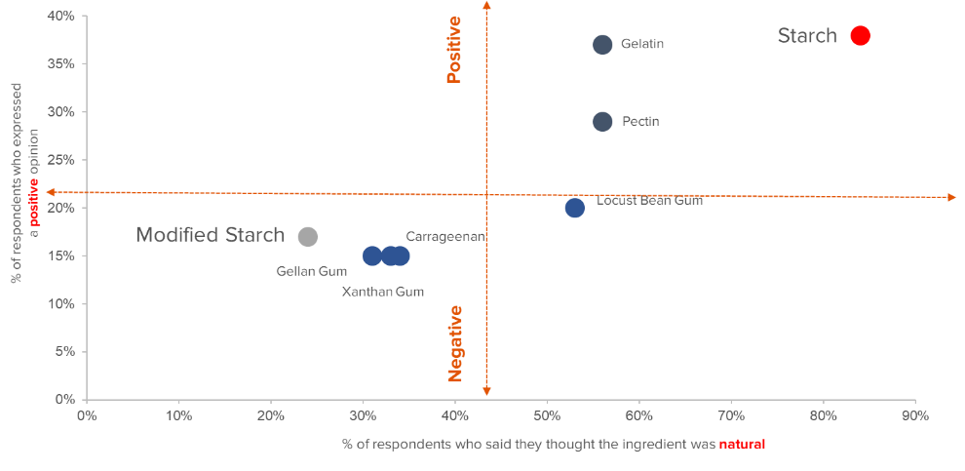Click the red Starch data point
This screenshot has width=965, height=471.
[x=860, y=36]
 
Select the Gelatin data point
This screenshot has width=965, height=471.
[x=602, y=45]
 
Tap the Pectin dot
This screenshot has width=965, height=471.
[x=602, y=121]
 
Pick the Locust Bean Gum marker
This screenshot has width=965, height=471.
[x=574, y=208]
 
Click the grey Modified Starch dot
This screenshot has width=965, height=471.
[x=307, y=236]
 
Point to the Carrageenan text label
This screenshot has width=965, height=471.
[x=445, y=236]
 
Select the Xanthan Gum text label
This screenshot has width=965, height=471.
[x=382, y=291]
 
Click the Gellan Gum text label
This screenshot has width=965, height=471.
[x=312, y=271]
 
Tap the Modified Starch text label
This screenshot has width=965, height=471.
[x=210, y=235]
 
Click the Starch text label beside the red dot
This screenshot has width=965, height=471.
[x=806, y=36]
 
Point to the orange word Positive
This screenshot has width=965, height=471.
[x=454, y=49]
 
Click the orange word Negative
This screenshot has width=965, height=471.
[x=455, y=342]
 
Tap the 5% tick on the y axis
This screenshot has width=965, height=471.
[x=65, y=351]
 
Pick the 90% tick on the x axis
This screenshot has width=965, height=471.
[x=915, y=416]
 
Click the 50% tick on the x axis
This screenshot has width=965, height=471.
[x=547, y=416]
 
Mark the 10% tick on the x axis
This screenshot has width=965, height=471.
[x=178, y=416]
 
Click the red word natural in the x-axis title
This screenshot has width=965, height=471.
[x=742, y=445]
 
